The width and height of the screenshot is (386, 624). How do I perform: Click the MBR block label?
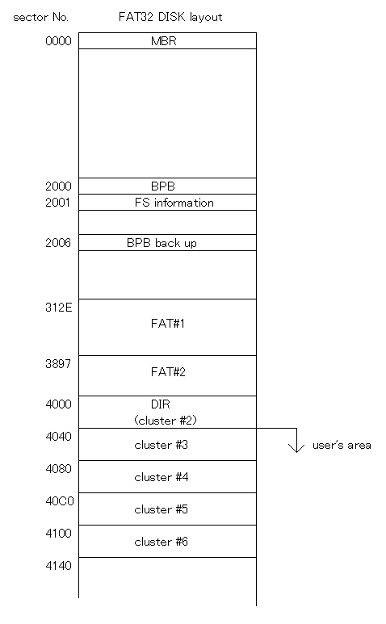click(x=164, y=41)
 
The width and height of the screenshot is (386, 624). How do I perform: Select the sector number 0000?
click(x=58, y=41)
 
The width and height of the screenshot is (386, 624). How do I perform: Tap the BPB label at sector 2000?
click(x=163, y=186)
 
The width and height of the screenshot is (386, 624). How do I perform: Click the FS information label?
click(x=174, y=203)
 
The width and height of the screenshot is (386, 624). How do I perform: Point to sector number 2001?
click(x=57, y=203)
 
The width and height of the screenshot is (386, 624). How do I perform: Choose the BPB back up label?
click(x=162, y=243)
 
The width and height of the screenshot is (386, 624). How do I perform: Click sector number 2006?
click(x=58, y=243)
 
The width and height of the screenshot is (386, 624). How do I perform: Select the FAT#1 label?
click(x=167, y=324)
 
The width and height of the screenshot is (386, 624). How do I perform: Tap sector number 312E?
click(x=59, y=308)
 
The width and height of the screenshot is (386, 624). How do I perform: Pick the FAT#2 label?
click(x=168, y=371)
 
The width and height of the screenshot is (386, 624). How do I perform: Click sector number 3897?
click(x=58, y=364)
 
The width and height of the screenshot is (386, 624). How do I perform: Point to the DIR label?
click(x=161, y=404)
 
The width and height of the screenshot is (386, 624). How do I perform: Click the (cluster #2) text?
click(x=166, y=421)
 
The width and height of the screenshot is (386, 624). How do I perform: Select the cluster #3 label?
click(x=162, y=445)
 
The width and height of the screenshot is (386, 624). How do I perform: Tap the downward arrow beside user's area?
click(x=296, y=441)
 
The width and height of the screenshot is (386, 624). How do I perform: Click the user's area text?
click(x=342, y=445)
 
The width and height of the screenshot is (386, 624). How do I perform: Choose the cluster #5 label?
click(x=162, y=509)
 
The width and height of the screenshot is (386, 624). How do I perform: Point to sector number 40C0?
click(x=60, y=501)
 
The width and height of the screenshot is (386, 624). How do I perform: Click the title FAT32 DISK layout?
click(x=170, y=17)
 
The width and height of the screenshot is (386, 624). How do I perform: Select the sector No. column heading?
click(x=40, y=17)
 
